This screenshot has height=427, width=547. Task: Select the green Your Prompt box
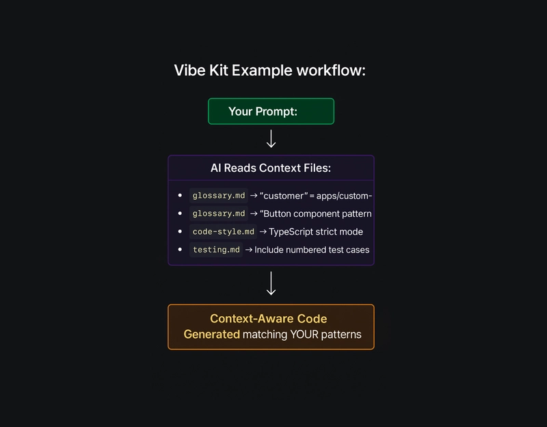(271, 111)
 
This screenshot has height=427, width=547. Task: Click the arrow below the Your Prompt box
(271, 139)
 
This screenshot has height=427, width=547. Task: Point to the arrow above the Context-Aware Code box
(271, 283)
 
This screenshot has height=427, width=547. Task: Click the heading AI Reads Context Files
(271, 168)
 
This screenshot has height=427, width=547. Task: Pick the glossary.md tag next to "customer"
(218, 196)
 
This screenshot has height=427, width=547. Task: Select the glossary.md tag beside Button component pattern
(218, 213)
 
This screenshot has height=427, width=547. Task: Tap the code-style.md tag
(224, 232)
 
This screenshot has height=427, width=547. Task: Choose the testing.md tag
(216, 250)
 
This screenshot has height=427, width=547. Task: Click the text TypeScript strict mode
(316, 232)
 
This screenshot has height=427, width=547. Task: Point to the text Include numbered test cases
(312, 250)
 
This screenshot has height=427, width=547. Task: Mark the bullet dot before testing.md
(180, 250)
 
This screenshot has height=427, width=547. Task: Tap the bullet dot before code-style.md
(180, 232)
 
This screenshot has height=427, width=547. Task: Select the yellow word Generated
(211, 335)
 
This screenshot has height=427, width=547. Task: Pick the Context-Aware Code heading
(268, 319)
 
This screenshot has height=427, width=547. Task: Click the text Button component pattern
(317, 213)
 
